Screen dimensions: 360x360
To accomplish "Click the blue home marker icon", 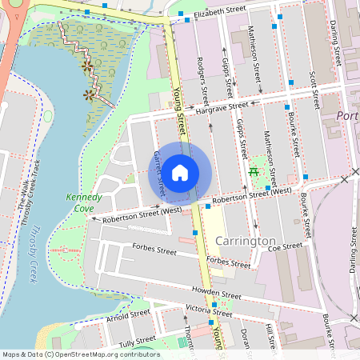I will [180, 172].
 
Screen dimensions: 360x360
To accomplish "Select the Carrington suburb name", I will [245, 241].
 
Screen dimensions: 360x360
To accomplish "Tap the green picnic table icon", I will [254, 170].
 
